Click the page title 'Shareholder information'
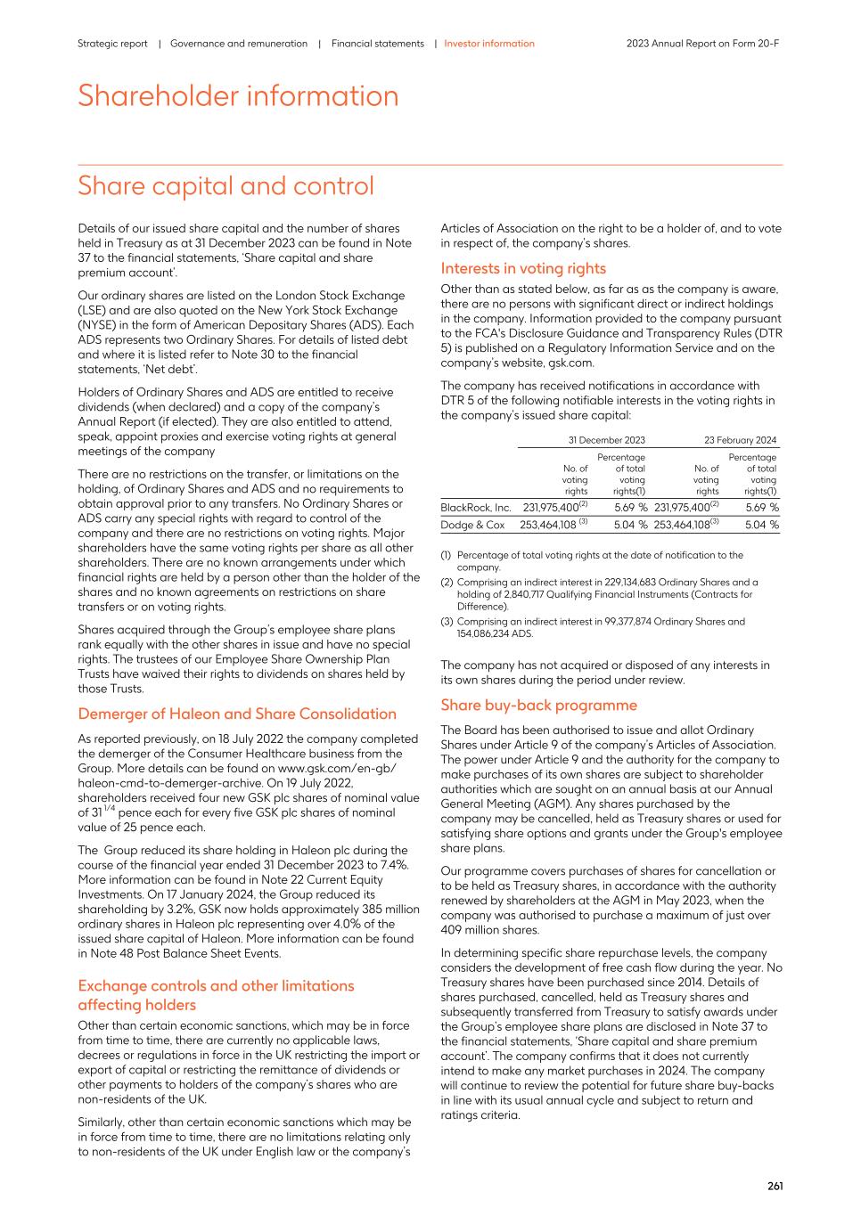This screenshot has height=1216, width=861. click(x=238, y=96)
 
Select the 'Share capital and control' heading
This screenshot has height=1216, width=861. click(x=225, y=186)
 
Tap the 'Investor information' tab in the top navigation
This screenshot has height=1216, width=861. click(x=489, y=44)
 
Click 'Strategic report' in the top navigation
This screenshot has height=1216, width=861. click(x=112, y=44)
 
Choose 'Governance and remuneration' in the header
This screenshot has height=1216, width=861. click(x=239, y=44)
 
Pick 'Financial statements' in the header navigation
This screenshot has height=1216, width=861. click(x=378, y=44)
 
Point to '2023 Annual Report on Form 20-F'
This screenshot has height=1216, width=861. click(x=702, y=44)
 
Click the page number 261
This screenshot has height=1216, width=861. click(x=775, y=1186)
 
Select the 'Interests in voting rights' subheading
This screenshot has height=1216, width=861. click(x=523, y=269)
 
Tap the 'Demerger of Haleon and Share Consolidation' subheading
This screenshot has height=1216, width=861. click(x=237, y=714)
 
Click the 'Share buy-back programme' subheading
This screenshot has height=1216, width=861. click(x=538, y=706)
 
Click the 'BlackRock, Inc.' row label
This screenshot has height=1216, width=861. click(x=476, y=508)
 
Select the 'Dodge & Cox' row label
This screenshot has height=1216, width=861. click(x=472, y=526)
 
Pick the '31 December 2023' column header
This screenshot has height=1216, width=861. click(x=606, y=440)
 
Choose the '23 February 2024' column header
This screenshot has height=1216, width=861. click(x=740, y=440)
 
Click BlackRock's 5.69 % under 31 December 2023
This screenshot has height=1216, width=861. click(x=630, y=508)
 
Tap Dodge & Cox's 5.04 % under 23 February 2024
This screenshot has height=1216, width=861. click(x=761, y=526)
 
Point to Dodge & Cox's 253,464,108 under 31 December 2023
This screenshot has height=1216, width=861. click(x=548, y=526)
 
